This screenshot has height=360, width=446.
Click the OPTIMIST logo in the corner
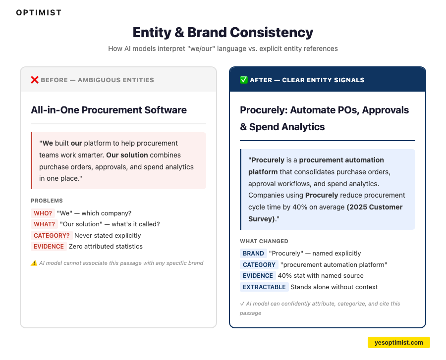(x=39, y=13)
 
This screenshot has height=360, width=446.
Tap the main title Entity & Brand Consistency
(x=223, y=33)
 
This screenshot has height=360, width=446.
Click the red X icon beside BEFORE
(x=35, y=80)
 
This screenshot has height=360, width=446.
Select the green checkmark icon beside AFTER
(x=244, y=80)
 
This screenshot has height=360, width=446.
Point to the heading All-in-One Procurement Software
(x=109, y=110)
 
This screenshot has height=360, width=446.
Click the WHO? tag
(x=43, y=213)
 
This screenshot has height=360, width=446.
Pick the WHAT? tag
(x=44, y=224)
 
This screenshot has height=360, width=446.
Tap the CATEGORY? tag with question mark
(x=52, y=235)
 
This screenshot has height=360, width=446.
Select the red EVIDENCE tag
(x=49, y=246)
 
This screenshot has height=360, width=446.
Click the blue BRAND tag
(x=253, y=253)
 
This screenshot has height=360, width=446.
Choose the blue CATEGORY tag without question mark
(x=259, y=264)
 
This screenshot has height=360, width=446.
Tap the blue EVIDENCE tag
(x=258, y=275)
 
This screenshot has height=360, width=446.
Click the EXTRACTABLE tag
(x=264, y=287)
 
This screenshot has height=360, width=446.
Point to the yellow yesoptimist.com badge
(x=398, y=342)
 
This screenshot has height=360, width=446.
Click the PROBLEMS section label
(x=47, y=201)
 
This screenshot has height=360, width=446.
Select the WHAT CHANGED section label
(x=264, y=241)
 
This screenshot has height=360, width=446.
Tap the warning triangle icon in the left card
(x=34, y=263)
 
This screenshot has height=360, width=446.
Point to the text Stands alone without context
(x=334, y=287)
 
